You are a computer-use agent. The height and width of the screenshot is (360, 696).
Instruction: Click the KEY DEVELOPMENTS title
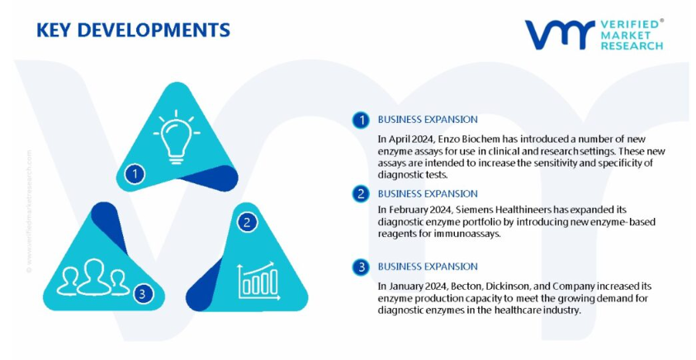click(x=133, y=30)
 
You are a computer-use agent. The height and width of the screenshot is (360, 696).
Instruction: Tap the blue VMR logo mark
click(x=560, y=35)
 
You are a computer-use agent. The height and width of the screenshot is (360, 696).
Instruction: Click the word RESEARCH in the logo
click(x=632, y=45)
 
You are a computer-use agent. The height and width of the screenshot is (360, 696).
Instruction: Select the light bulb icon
click(x=176, y=137)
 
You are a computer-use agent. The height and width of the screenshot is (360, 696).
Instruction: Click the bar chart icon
click(x=259, y=281)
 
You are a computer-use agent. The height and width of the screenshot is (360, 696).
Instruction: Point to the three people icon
click(x=92, y=277)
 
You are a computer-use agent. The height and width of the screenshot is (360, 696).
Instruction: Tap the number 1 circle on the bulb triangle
click(x=135, y=173)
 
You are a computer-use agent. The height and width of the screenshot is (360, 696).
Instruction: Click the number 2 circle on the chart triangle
click(x=247, y=222)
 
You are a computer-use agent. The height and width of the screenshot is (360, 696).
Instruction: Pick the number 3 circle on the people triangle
click(x=142, y=293)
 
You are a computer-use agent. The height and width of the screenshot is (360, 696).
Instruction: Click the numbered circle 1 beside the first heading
click(x=361, y=120)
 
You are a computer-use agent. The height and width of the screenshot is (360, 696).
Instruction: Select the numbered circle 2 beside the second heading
click(x=361, y=194)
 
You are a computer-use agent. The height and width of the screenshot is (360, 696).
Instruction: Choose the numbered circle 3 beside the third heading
click(x=361, y=267)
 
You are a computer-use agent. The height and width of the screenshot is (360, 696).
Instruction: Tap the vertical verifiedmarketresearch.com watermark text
click(x=29, y=211)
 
